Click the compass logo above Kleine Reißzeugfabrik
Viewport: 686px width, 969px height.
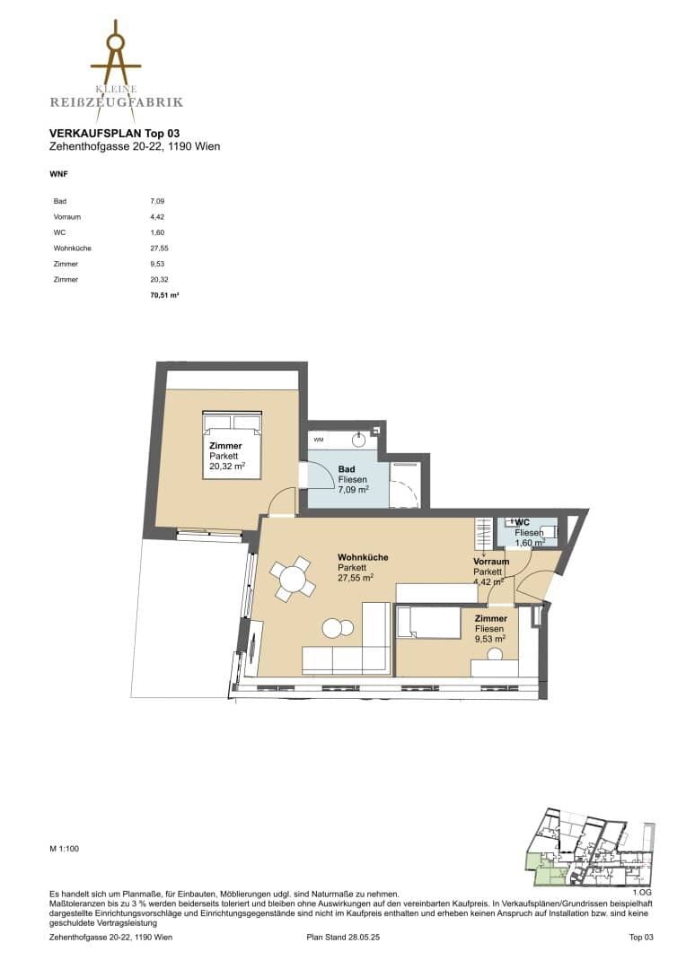click(x=116, y=53)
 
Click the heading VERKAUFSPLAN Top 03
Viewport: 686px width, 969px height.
click(x=114, y=133)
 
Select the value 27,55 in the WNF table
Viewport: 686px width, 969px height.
click(x=159, y=249)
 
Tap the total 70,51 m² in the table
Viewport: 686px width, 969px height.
click(x=164, y=295)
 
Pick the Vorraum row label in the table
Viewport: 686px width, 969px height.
click(x=66, y=217)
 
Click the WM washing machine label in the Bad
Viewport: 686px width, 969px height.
click(x=319, y=440)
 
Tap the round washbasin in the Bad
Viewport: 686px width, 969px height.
click(x=359, y=440)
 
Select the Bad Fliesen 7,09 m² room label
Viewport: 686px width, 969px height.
click(x=353, y=479)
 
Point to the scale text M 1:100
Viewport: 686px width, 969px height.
click(x=65, y=849)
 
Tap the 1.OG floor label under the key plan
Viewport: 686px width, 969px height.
click(x=642, y=893)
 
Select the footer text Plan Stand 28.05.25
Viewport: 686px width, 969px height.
click(x=343, y=937)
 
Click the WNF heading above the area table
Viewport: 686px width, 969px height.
click(x=58, y=174)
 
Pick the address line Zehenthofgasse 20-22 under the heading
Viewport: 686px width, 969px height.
click(x=134, y=146)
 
